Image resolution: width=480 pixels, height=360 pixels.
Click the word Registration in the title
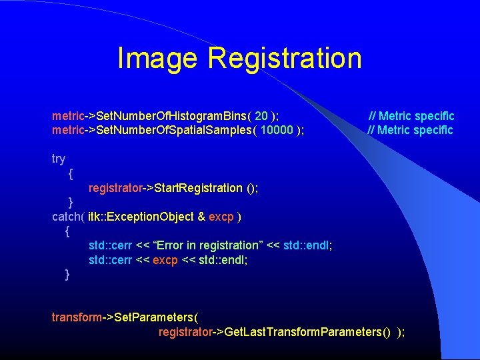[x=285, y=58]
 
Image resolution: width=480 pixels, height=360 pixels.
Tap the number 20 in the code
[x=261, y=116]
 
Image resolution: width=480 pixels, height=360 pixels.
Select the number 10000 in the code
[x=276, y=130]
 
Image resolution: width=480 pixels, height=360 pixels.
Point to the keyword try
[x=59, y=159]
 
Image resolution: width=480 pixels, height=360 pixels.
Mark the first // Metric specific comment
[x=411, y=116]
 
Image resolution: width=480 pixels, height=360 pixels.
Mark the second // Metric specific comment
[x=410, y=130]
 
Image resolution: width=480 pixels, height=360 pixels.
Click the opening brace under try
[x=71, y=173]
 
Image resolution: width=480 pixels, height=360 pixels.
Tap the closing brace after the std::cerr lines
[x=67, y=274]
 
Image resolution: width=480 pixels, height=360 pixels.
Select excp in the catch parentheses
[x=221, y=217]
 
